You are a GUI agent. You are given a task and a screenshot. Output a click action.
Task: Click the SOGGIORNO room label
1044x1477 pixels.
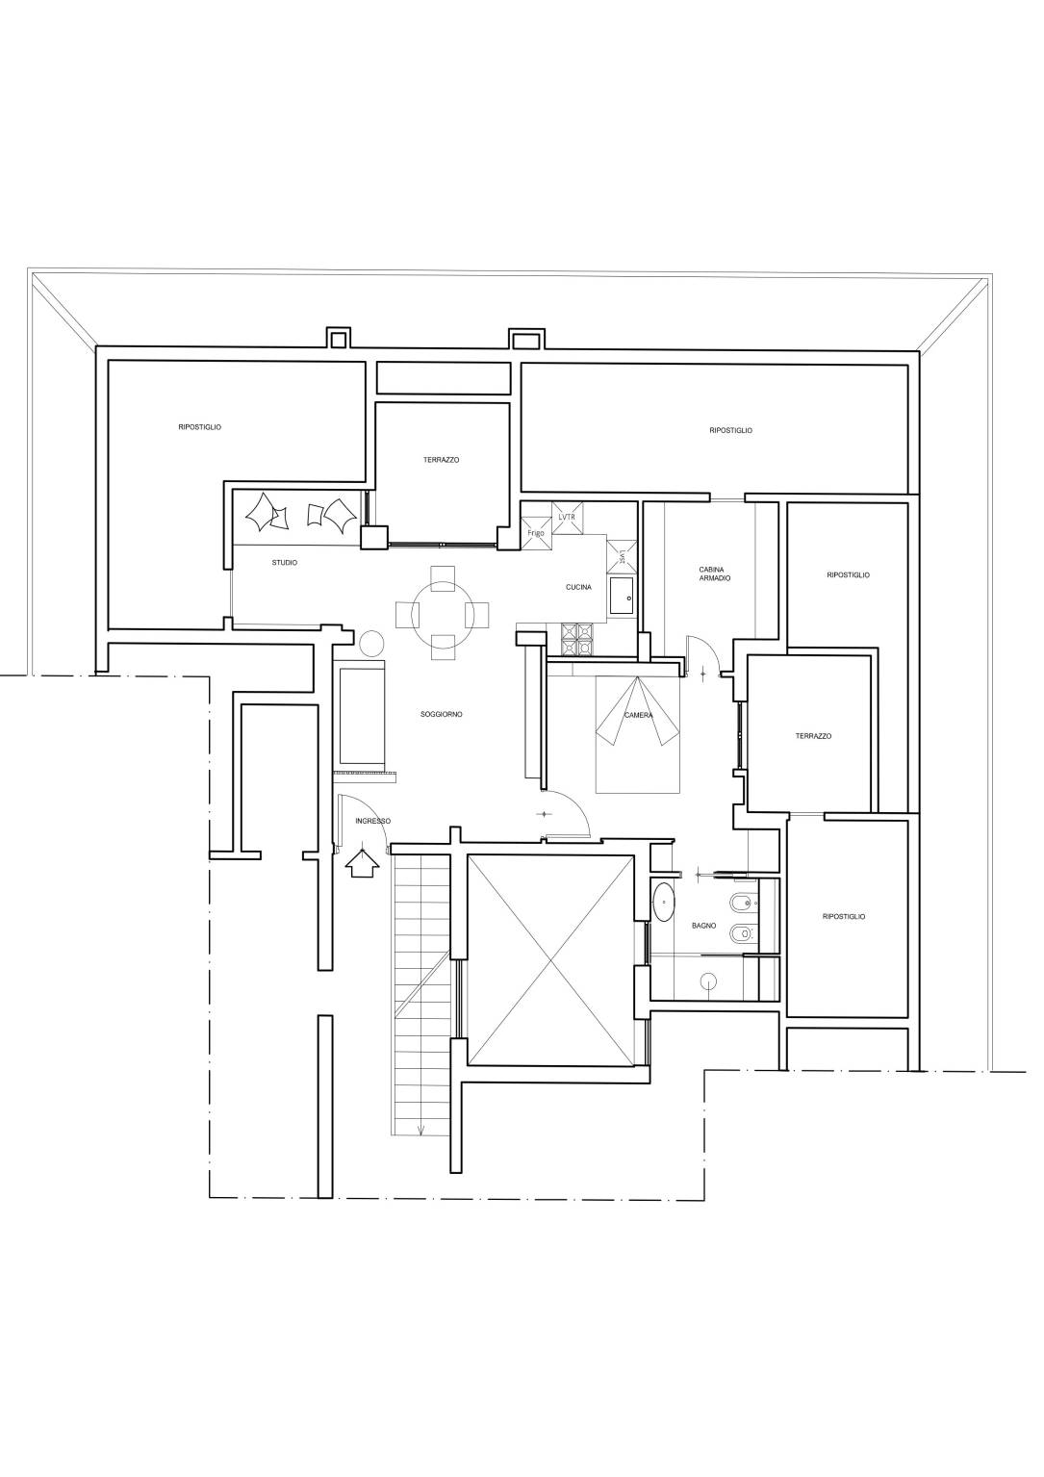442,715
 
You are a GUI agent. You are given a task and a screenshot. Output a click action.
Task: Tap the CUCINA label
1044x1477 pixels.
578,587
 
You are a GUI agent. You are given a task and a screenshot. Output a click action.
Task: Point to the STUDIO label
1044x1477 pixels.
284,563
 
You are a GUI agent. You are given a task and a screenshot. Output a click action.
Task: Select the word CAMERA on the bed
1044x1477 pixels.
638,715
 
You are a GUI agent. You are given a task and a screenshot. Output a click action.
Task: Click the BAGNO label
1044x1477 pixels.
703,926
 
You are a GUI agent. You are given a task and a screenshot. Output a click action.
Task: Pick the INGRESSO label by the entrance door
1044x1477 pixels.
372,821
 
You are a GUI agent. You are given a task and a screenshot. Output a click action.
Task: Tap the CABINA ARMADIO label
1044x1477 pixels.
714,573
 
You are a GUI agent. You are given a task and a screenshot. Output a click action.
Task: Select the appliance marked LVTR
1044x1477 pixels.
567,517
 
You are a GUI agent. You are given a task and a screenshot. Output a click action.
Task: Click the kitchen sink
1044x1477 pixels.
622,596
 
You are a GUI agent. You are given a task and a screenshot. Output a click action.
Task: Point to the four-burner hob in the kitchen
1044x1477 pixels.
577,639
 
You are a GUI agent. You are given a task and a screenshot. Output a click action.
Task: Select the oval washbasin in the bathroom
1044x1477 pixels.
664,902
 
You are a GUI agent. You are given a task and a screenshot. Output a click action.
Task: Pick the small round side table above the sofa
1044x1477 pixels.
371,642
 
